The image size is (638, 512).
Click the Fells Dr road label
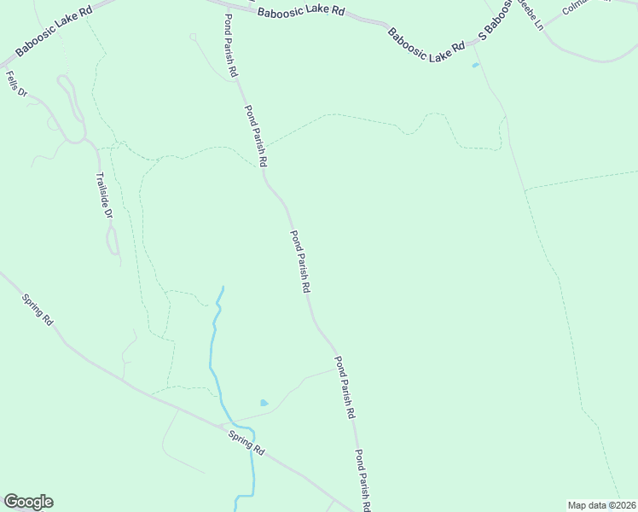[x=14, y=84]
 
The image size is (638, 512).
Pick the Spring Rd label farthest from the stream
[x=38, y=310]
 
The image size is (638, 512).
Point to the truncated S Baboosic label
[x=497, y=20]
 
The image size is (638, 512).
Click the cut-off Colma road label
[x=577, y=7]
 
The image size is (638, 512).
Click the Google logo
[x=28, y=502]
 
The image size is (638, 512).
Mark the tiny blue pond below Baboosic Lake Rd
[x=475, y=65]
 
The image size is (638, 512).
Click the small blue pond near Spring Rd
[x=264, y=403]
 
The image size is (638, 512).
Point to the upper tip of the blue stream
[x=223, y=288]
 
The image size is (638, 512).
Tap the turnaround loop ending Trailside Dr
[x=113, y=249]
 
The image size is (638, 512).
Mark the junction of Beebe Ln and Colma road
[x=547, y=22]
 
